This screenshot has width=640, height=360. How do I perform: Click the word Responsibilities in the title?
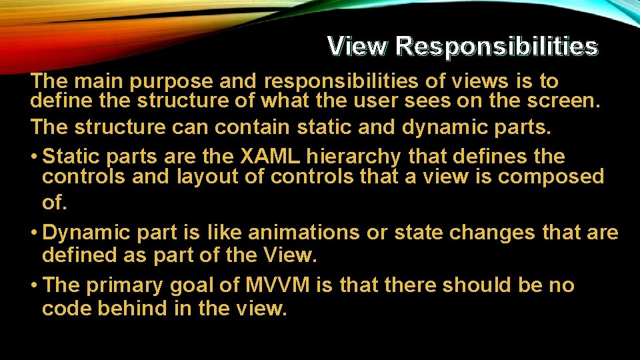[x=496, y=46]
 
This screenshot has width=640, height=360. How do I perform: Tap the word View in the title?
[x=357, y=46]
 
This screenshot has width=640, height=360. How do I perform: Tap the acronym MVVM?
[x=277, y=285]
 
